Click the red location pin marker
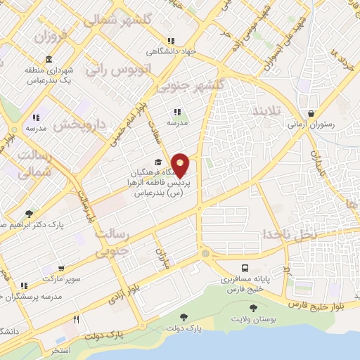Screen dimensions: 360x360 point(181,165)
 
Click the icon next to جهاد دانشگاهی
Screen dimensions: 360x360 point(170,41)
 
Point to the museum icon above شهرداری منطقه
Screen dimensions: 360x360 point(48,58)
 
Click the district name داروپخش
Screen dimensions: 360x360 point(79,125)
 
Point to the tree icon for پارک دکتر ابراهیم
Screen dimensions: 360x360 point(29,214)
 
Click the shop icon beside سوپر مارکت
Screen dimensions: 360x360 point(63,269)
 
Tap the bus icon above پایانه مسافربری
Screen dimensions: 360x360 point(245,268)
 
